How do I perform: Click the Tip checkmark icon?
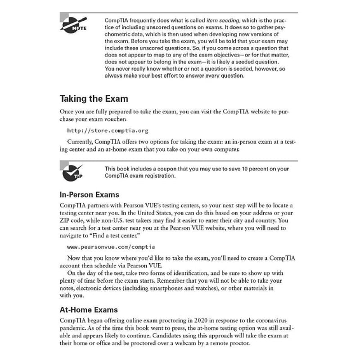coord(72,173)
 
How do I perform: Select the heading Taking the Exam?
coord(94,99)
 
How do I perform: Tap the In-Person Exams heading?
coord(90,195)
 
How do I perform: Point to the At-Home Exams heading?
coord(89,310)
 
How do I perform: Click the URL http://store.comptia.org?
coord(108,131)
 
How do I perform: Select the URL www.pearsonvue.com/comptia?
coord(111,247)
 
